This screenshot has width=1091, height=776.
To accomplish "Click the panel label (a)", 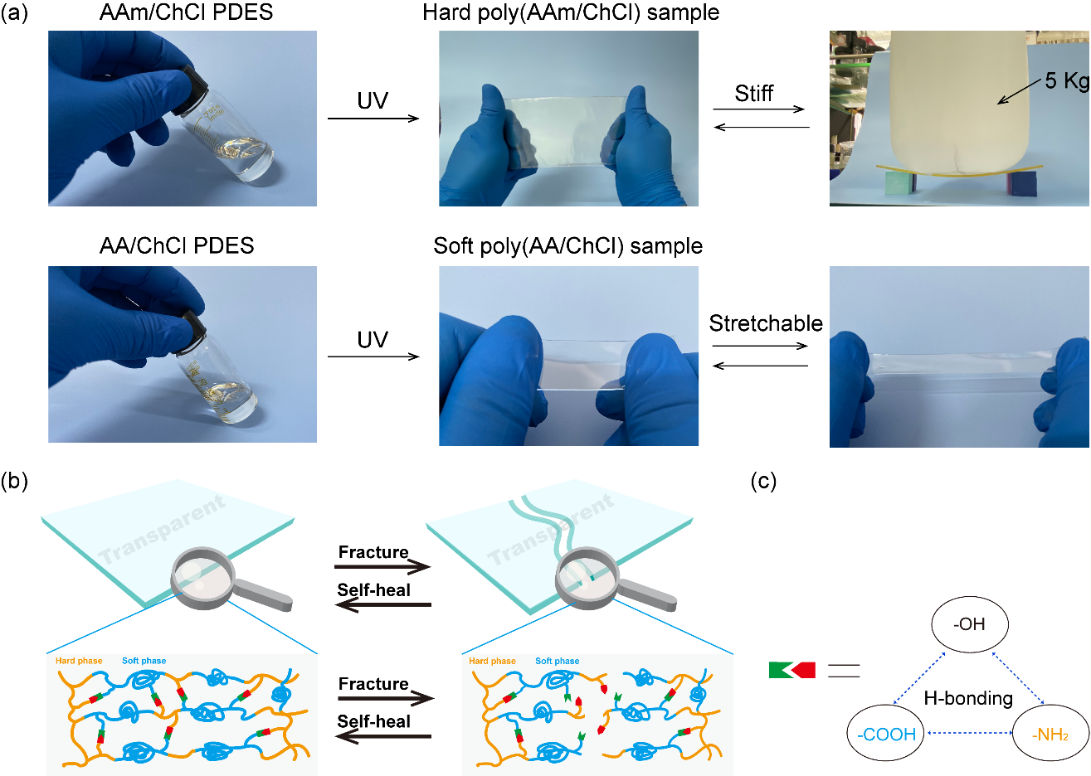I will click(x=15, y=14).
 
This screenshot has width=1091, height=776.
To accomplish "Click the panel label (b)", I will click(x=15, y=482).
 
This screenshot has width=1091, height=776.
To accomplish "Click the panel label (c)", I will click(x=763, y=482).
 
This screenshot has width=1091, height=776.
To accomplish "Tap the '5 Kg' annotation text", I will click(x=1066, y=81).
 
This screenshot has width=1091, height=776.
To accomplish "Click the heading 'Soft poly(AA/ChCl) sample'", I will click(x=568, y=246).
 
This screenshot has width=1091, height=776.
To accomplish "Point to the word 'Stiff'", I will click(x=753, y=94).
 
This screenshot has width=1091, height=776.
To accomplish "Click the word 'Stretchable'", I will click(x=765, y=323).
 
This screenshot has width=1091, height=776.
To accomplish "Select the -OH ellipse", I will click(x=969, y=624).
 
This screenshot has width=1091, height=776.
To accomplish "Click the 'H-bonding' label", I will click(x=968, y=698).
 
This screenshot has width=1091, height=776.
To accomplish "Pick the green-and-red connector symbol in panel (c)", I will click(x=792, y=670).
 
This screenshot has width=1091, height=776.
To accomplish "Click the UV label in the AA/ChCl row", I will click(x=373, y=340).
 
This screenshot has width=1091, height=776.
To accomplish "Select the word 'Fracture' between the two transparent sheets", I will click(x=373, y=552).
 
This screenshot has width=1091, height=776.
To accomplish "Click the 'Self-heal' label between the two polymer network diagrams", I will click(x=373, y=721).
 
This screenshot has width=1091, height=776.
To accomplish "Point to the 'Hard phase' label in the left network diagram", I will click(x=79, y=661).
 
